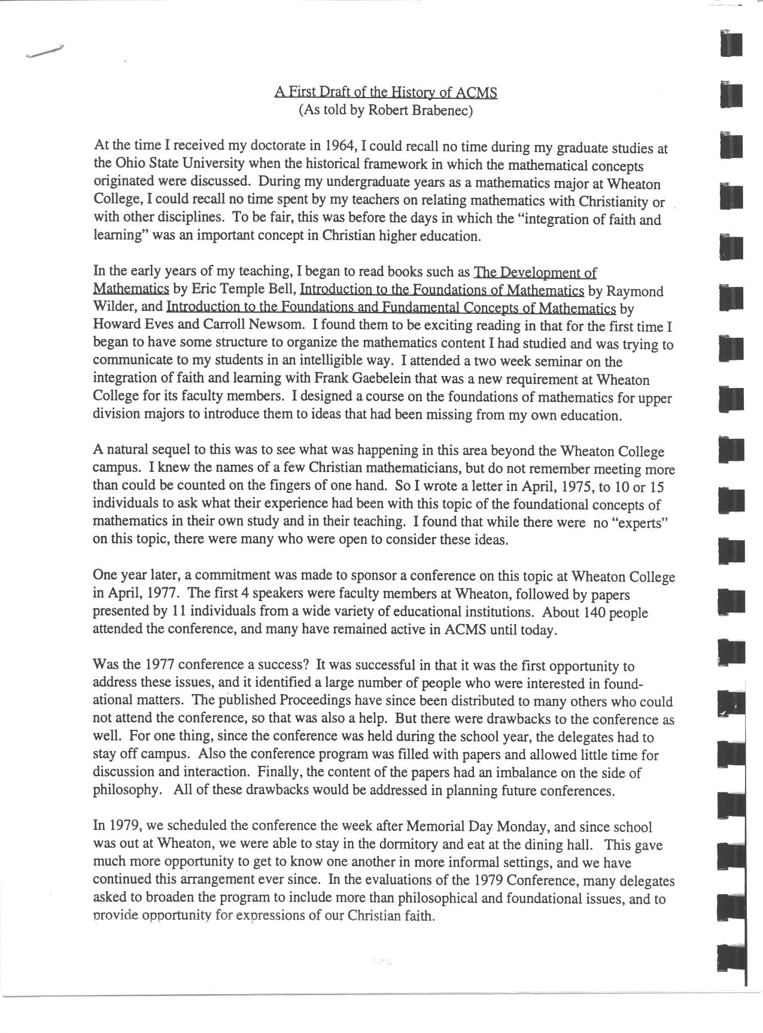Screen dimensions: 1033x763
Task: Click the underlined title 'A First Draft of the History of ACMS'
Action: pos(386,92)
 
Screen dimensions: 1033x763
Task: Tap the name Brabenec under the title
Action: pos(442,110)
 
